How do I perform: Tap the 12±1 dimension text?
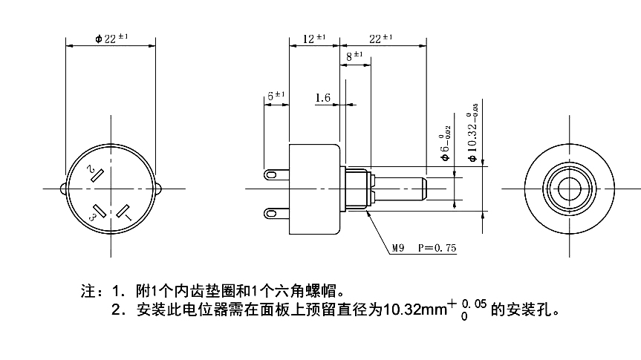click(x=315, y=39)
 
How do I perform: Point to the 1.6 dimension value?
click(x=322, y=97)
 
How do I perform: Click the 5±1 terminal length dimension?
click(x=276, y=96)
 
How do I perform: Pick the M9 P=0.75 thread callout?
click(x=426, y=249)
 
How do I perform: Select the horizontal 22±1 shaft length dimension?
click(x=380, y=39)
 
